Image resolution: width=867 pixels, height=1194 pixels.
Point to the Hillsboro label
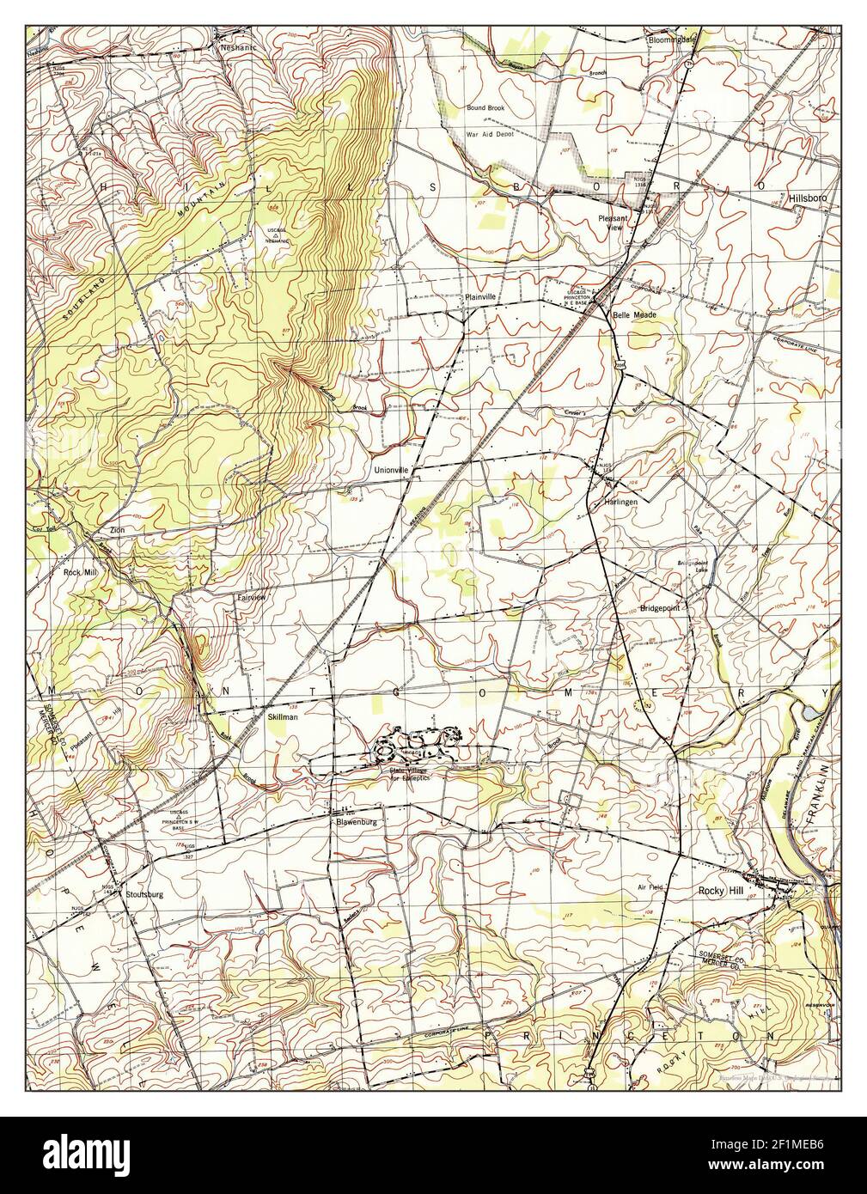click(x=806, y=198)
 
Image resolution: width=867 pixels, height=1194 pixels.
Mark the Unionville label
click(x=393, y=470)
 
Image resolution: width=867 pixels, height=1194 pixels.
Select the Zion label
click(x=116, y=531)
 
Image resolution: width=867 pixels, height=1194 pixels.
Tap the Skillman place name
click(x=282, y=715)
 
